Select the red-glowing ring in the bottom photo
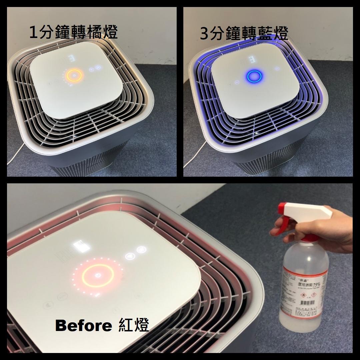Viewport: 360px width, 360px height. [x=98, y=276]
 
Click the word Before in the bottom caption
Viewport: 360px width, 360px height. [x=83, y=325]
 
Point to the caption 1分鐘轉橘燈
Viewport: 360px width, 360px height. [x=73, y=33]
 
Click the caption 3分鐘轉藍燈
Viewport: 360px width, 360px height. [x=244, y=34]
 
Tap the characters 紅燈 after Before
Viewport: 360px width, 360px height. [x=133, y=325]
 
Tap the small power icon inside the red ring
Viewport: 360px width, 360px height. [x=98, y=275]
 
